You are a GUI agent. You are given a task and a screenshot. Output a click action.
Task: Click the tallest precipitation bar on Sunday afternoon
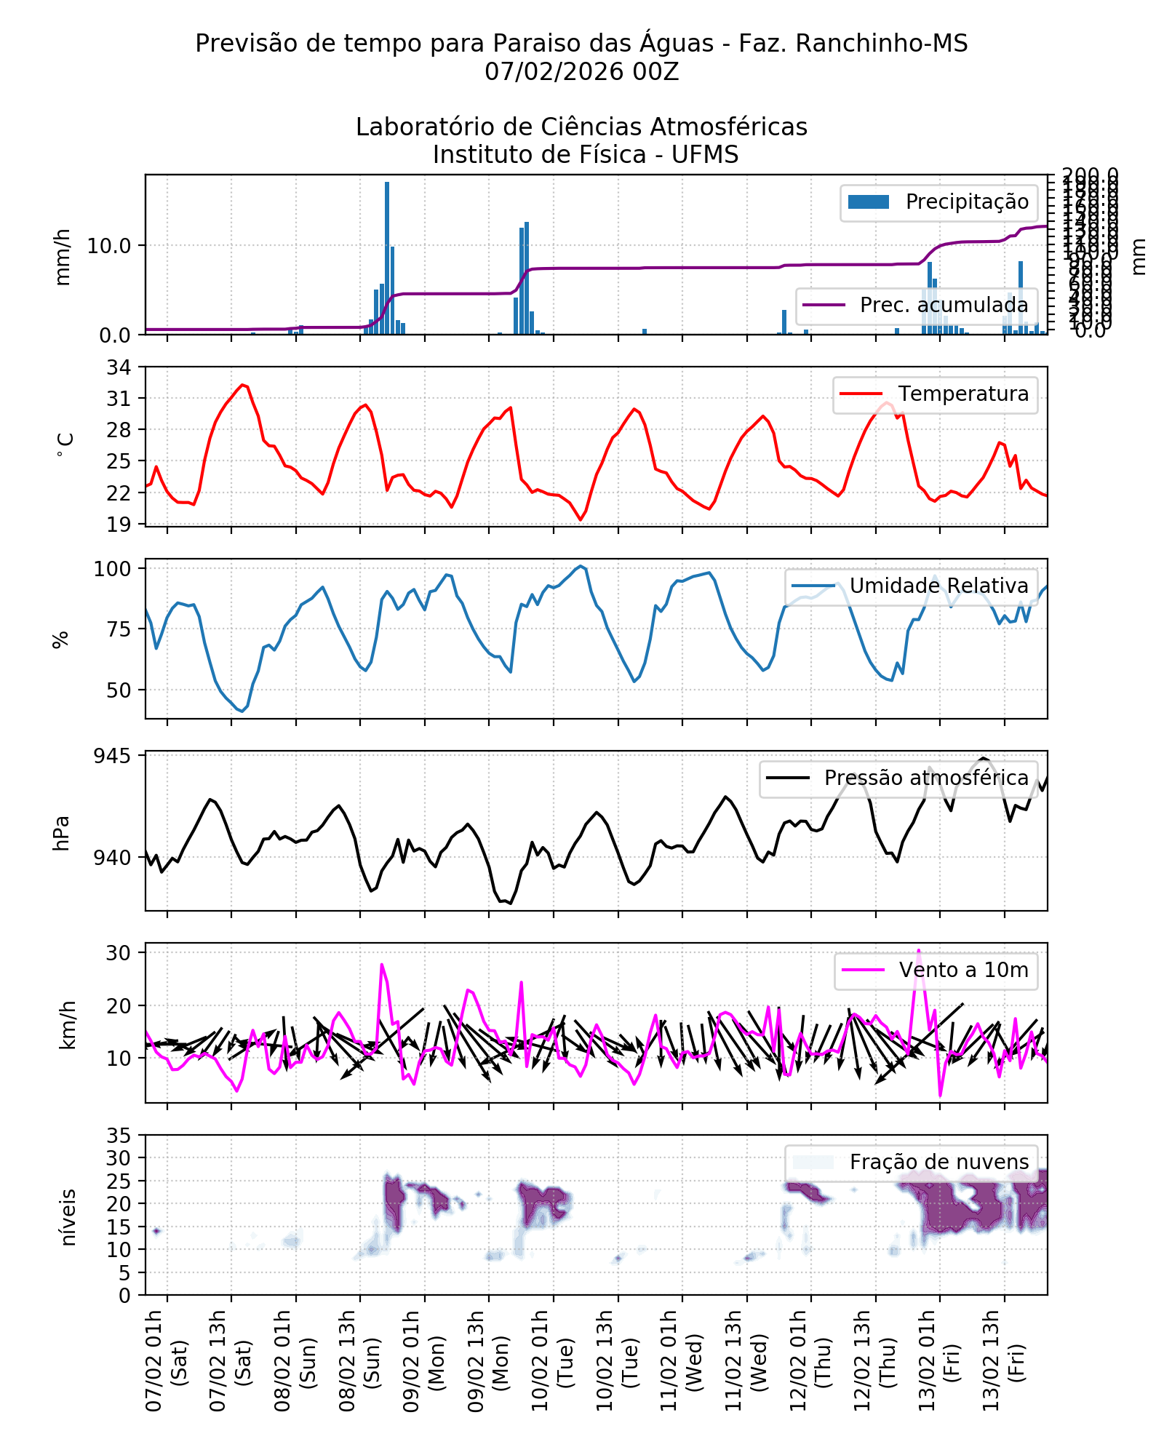click(387, 258)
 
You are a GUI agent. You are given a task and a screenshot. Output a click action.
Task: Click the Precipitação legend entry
click(938, 202)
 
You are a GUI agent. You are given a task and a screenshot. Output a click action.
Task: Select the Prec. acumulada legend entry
click(916, 305)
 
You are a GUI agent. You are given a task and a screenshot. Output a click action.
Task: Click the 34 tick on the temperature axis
click(119, 367)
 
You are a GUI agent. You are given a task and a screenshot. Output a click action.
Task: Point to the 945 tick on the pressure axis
click(112, 756)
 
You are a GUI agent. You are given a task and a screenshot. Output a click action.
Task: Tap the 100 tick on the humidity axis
click(112, 569)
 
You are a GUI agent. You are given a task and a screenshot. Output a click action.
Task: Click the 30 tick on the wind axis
click(119, 953)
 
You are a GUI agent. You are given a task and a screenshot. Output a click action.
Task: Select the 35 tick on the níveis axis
click(119, 1136)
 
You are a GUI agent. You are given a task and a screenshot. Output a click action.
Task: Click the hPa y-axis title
click(62, 832)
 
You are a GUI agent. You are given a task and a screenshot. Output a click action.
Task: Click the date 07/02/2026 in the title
click(554, 71)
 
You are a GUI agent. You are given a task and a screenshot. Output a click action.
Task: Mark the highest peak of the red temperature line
click(243, 385)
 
